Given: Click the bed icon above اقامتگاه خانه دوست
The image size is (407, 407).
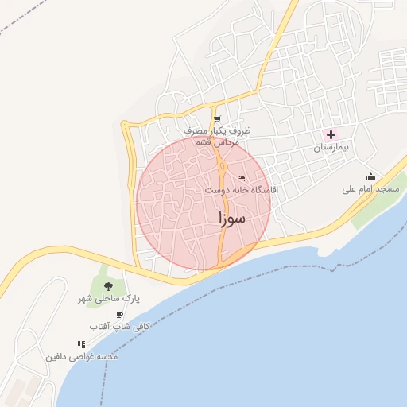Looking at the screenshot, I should click(241, 178).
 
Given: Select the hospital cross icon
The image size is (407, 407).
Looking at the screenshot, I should click(331, 134).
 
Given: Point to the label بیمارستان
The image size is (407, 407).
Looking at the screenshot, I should click(331, 148).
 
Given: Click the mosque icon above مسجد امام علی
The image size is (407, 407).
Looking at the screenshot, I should click(370, 176).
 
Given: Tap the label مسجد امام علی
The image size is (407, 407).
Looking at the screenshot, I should click(370, 189).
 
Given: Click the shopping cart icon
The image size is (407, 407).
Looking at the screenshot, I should click(217, 119).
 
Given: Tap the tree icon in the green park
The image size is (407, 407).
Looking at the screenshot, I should click(108, 285).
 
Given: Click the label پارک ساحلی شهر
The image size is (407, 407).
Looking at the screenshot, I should click(108, 298).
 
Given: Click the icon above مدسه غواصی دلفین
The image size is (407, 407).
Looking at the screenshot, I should click(80, 344).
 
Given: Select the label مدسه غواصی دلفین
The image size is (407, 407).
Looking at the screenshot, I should click(83, 357).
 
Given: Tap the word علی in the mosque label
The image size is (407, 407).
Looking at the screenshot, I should click(350, 189).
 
